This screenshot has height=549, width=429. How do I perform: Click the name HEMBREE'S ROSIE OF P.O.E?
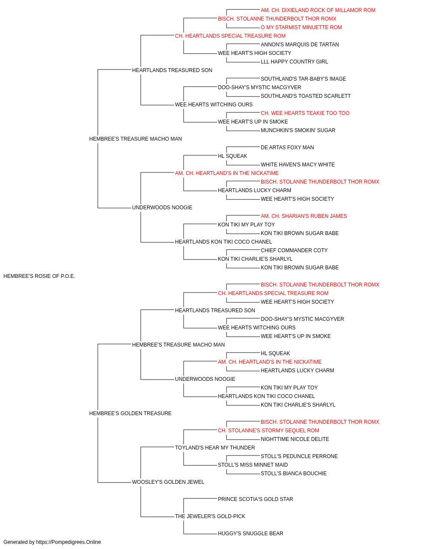(x=39, y=276)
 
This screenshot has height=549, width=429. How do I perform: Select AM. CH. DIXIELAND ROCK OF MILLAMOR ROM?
(x=318, y=10)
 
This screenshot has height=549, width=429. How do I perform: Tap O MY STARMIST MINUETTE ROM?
(x=301, y=27)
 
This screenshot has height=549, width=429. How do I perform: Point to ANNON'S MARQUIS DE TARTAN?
(x=299, y=45)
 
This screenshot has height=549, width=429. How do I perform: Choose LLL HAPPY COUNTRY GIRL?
(x=294, y=62)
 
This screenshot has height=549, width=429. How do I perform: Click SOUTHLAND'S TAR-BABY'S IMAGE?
(x=303, y=79)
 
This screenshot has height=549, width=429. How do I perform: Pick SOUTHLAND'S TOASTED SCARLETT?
(x=306, y=96)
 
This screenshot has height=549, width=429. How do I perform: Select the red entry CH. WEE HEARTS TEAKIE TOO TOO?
(x=305, y=113)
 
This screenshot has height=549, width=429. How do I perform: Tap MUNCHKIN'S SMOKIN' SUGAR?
(x=298, y=130)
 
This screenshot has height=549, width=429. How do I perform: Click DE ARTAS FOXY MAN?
(x=287, y=148)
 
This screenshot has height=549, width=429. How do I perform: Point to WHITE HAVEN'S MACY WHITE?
(x=298, y=165)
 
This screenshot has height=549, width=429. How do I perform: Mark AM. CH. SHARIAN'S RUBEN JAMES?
(x=304, y=216)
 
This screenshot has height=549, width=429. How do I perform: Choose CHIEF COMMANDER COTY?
(x=294, y=250)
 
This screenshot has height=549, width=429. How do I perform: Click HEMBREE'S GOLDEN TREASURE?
(x=130, y=413)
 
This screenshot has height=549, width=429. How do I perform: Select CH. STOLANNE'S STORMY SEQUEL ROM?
(x=268, y=431)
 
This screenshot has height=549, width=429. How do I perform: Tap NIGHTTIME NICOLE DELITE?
(x=295, y=439)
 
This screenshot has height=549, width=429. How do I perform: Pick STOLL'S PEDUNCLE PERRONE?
(x=299, y=456)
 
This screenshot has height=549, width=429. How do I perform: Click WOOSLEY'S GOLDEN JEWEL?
(x=168, y=482)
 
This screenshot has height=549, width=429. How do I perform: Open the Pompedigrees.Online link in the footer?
(x=68, y=542)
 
